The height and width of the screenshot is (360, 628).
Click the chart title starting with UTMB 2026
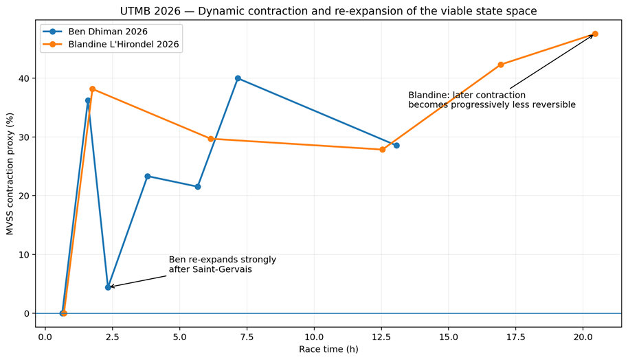[328, 11]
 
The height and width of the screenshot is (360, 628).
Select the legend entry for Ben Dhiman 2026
[108, 32]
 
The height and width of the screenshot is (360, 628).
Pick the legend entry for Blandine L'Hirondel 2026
[124, 44]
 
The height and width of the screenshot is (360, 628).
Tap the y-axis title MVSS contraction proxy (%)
[10, 174]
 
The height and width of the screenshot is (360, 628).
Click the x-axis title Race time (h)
[328, 349]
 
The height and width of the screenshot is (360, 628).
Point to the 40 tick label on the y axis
[25, 78]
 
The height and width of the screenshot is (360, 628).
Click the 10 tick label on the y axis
[25, 255]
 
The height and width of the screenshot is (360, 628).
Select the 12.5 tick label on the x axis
[381, 337]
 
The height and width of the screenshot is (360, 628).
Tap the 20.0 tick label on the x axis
[583, 337]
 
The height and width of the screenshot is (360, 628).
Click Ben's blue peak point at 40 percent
[238, 78]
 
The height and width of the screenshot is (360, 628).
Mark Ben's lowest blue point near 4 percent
[108, 287]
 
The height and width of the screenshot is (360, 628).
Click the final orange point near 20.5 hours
[595, 34]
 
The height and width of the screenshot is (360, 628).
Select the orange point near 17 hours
[501, 65]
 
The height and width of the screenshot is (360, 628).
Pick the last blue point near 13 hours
[396, 146]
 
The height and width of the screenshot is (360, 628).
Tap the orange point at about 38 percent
[93, 89]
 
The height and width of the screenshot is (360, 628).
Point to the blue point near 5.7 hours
[197, 187]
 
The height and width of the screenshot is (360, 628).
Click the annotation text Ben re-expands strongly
[223, 260]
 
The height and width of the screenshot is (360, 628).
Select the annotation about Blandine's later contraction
[492, 100]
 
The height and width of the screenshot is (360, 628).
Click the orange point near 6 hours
[211, 139]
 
